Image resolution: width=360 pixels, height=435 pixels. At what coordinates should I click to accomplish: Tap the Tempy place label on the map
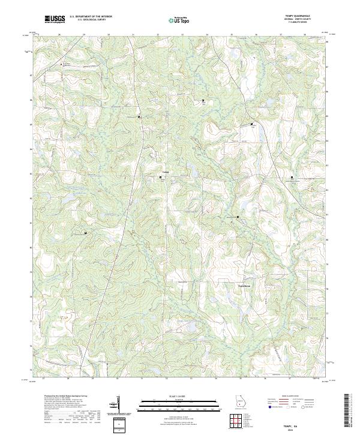166,173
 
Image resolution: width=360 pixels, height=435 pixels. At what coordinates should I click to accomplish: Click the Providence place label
242,286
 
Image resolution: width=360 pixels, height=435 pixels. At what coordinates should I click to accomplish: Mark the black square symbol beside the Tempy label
160,177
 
